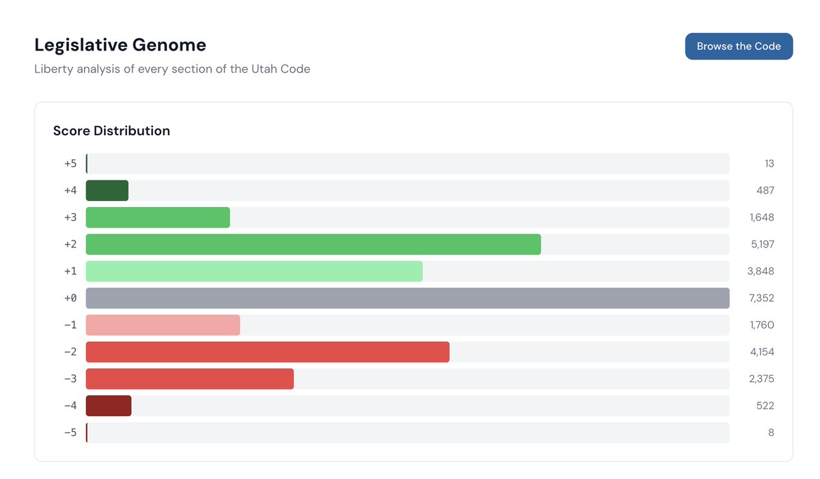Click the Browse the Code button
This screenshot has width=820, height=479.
(x=739, y=46)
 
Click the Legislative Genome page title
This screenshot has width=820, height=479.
(x=120, y=45)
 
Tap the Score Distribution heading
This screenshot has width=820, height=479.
(x=111, y=131)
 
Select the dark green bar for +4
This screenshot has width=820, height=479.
(x=107, y=191)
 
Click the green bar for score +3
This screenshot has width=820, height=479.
(x=158, y=217)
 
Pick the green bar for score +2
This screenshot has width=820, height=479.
(x=313, y=244)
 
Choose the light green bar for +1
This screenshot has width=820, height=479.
(x=254, y=271)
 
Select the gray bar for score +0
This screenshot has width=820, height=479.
(x=407, y=298)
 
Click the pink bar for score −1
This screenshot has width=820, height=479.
(x=163, y=325)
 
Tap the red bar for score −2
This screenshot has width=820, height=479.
(x=267, y=352)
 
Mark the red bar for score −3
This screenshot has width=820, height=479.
(x=189, y=379)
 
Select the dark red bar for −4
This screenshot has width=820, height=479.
(x=109, y=406)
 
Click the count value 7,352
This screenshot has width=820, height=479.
(x=761, y=298)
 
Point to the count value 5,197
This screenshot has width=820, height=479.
(x=762, y=244)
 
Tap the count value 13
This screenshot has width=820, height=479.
(x=769, y=164)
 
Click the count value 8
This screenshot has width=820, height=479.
(x=771, y=433)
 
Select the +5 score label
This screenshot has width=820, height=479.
(x=70, y=164)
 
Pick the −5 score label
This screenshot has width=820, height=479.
(x=70, y=433)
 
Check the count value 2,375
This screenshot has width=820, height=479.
(x=761, y=379)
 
